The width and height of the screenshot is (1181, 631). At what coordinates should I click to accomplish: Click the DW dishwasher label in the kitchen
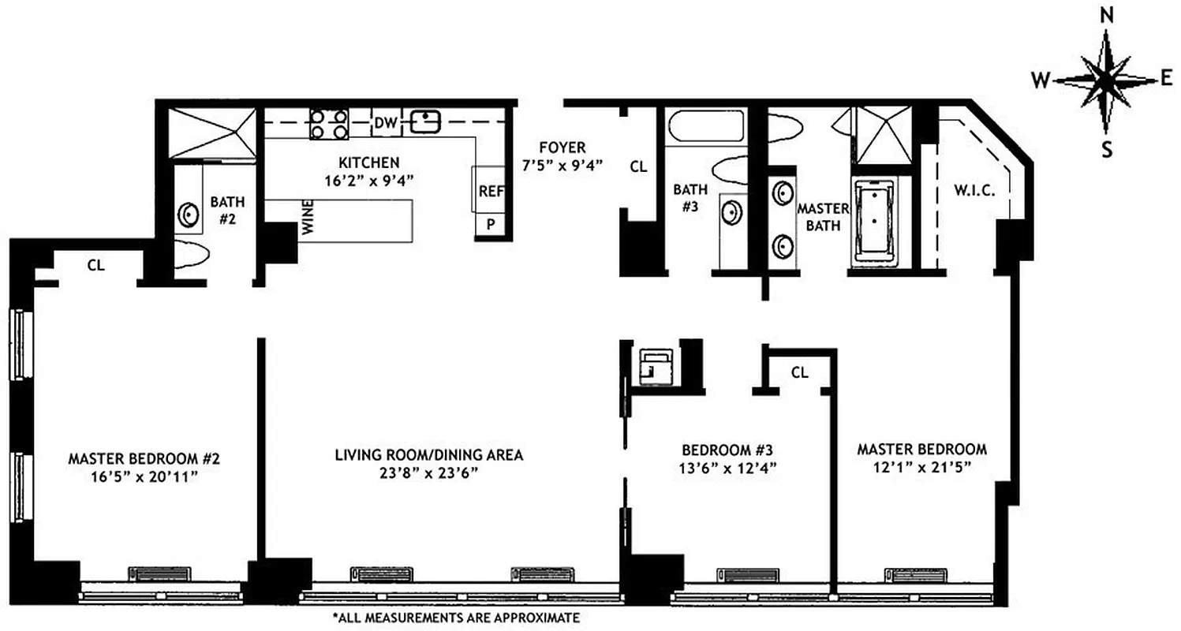(x=384, y=123)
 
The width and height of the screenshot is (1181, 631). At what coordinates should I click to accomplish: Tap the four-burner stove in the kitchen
(x=329, y=124)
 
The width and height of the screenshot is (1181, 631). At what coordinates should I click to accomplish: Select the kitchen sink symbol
(x=424, y=121)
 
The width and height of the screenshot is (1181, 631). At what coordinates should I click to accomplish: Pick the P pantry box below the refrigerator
(x=490, y=224)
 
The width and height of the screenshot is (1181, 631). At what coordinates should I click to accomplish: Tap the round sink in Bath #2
(x=189, y=214)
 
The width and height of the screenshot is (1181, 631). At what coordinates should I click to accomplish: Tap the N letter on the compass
(x=1107, y=14)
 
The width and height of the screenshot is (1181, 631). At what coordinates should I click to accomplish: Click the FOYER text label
(x=562, y=147)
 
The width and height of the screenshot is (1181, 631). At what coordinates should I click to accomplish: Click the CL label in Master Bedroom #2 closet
(x=95, y=266)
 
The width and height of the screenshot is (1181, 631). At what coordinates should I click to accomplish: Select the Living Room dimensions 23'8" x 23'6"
(x=428, y=472)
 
